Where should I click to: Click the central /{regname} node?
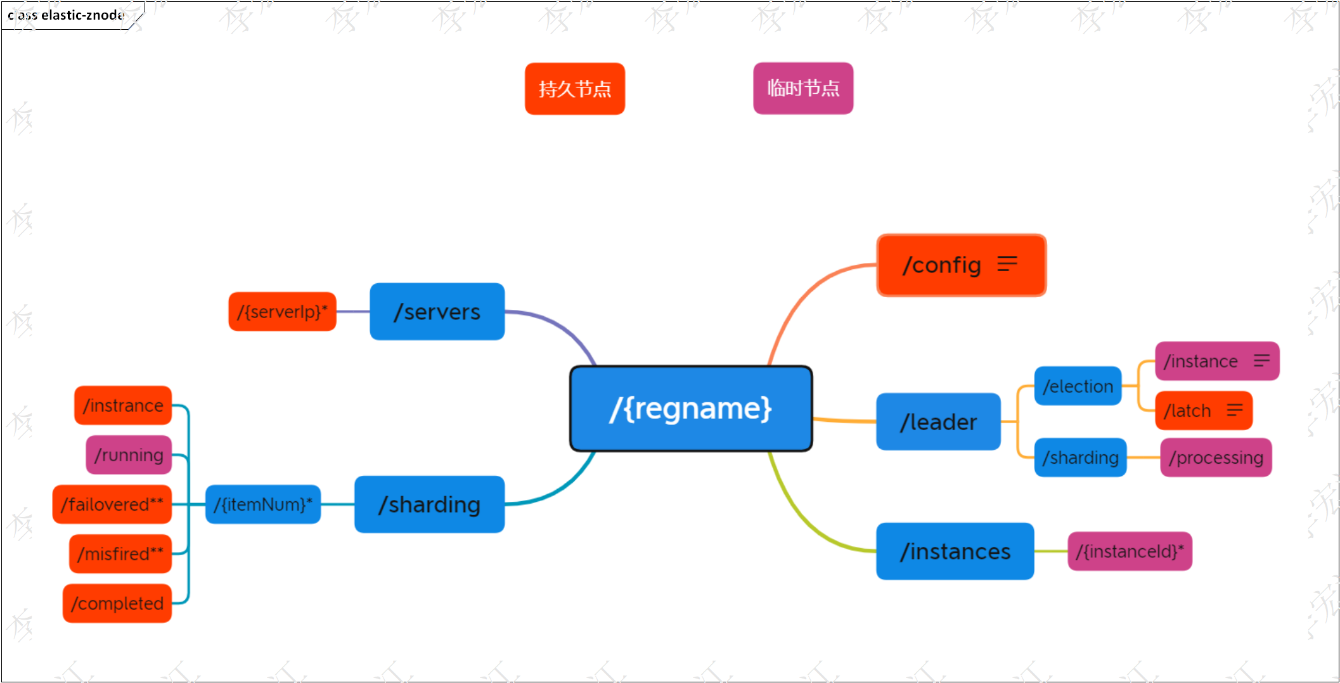[x=691, y=409]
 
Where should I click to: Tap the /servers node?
[x=437, y=312]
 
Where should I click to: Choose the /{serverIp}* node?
[x=282, y=312]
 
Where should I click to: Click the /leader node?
[x=938, y=422]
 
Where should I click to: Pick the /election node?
[x=1078, y=386]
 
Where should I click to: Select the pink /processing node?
[x=1216, y=457]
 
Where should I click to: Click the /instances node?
[x=955, y=551]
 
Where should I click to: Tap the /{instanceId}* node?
[x=1130, y=551]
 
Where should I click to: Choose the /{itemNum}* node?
[x=263, y=504]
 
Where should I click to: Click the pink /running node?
[x=129, y=455]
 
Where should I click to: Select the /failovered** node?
[x=112, y=504]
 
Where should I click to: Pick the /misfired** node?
[x=120, y=554]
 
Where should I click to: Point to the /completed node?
[x=117, y=603]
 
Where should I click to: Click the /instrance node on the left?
[x=123, y=405]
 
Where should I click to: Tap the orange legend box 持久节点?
[x=575, y=89]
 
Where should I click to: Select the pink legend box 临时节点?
[x=803, y=88]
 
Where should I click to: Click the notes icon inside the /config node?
[x=1007, y=264]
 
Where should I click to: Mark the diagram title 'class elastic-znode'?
[x=67, y=15]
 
